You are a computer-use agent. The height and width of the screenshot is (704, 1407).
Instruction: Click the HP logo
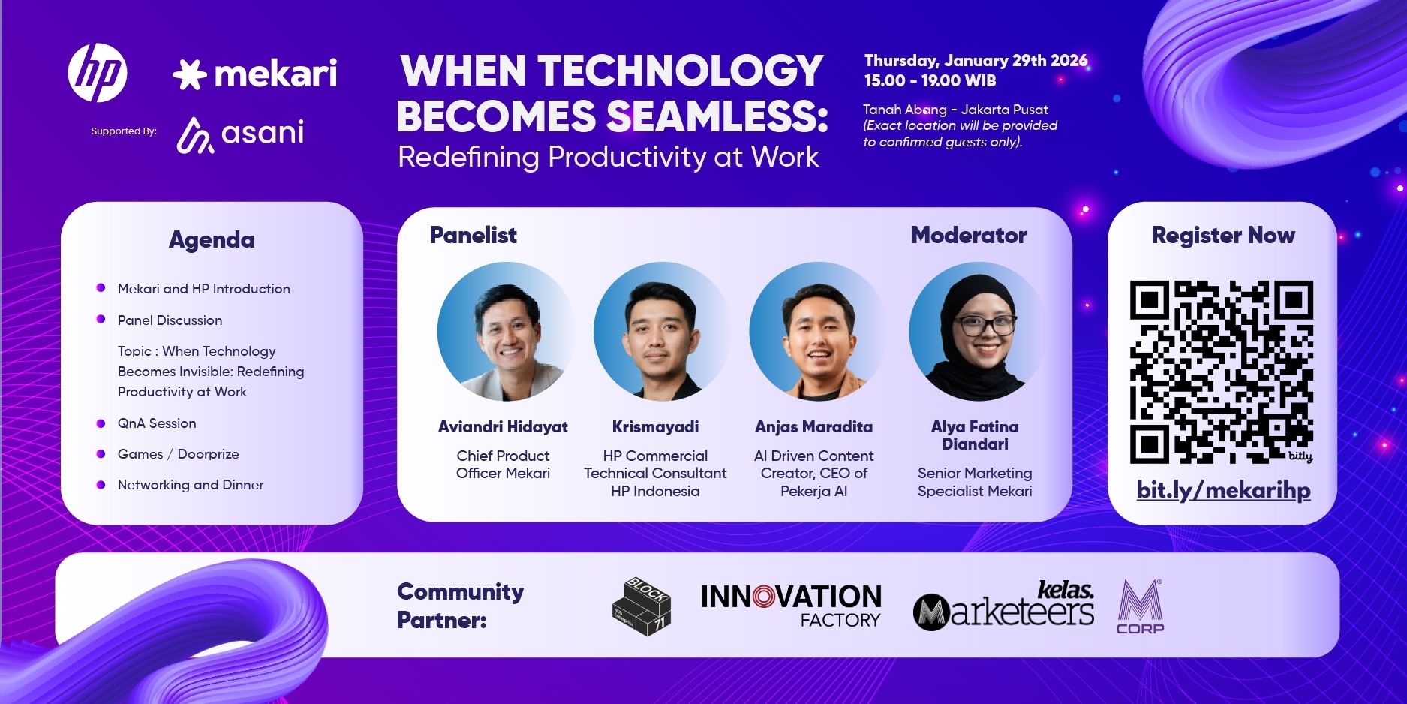[x=98, y=73]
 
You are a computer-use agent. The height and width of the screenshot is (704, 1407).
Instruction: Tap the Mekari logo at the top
[x=254, y=74]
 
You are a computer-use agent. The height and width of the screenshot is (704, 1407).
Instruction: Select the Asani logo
[x=240, y=134]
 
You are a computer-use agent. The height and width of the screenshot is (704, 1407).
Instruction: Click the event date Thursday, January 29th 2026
[x=976, y=61]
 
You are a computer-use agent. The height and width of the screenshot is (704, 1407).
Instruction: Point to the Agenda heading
[x=212, y=240]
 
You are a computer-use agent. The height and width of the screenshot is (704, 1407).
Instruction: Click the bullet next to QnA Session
[x=101, y=423]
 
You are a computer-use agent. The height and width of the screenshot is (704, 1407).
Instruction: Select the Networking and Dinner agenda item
[x=191, y=485]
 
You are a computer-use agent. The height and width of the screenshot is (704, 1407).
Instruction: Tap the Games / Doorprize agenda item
[x=178, y=454]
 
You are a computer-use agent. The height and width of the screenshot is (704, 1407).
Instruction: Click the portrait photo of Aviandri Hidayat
[x=504, y=331]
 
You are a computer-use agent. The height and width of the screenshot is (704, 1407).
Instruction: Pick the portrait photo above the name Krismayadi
[x=660, y=331]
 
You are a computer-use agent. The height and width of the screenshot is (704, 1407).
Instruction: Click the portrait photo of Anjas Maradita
[x=817, y=331]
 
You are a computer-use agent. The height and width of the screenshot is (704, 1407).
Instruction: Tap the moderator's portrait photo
[x=976, y=331]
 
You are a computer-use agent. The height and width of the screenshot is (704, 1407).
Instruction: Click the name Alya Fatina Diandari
[x=975, y=435]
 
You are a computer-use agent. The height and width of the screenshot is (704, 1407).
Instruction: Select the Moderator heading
[x=969, y=235]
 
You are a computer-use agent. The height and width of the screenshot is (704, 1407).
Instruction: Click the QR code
[x=1222, y=372]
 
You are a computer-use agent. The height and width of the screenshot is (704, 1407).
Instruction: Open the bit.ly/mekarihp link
[x=1224, y=490]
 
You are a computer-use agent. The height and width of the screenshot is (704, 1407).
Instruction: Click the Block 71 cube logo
[x=642, y=606]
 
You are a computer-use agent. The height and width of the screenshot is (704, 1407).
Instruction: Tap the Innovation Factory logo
[x=791, y=606]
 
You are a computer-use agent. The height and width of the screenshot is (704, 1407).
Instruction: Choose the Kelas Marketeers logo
[x=1003, y=605]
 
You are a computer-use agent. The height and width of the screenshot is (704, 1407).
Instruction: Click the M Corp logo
[x=1140, y=607]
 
